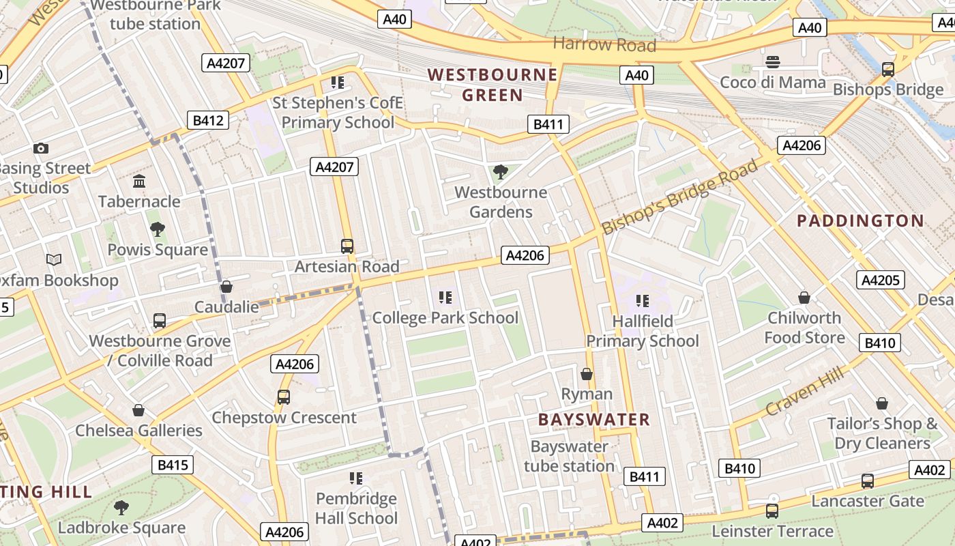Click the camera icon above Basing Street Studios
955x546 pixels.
(x=40, y=148)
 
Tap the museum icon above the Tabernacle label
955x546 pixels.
(x=140, y=181)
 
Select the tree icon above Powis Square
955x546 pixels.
(x=158, y=229)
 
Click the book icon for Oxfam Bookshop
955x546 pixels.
(x=54, y=260)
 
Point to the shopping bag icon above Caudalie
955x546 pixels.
(x=226, y=287)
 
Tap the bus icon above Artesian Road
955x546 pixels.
(x=347, y=246)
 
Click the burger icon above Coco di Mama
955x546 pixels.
(x=773, y=62)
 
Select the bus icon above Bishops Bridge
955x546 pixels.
(x=888, y=69)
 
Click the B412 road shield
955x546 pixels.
(x=208, y=121)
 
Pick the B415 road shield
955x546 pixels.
(x=173, y=465)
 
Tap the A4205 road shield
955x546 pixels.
(x=881, y=280)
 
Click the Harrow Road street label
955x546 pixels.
(x=604, y=45)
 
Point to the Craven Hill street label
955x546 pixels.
(x=805, y=394)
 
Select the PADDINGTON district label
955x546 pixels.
(x=860, y=221)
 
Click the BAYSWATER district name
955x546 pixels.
(x=594, y=420)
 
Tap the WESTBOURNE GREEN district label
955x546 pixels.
(x=493, y=85)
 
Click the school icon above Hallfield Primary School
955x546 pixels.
(x=642, y=300)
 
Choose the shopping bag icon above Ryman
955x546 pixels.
(x=587, y=374)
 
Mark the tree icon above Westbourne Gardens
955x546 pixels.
(x=501, y=171)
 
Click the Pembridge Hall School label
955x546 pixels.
(x=356, y=508)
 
